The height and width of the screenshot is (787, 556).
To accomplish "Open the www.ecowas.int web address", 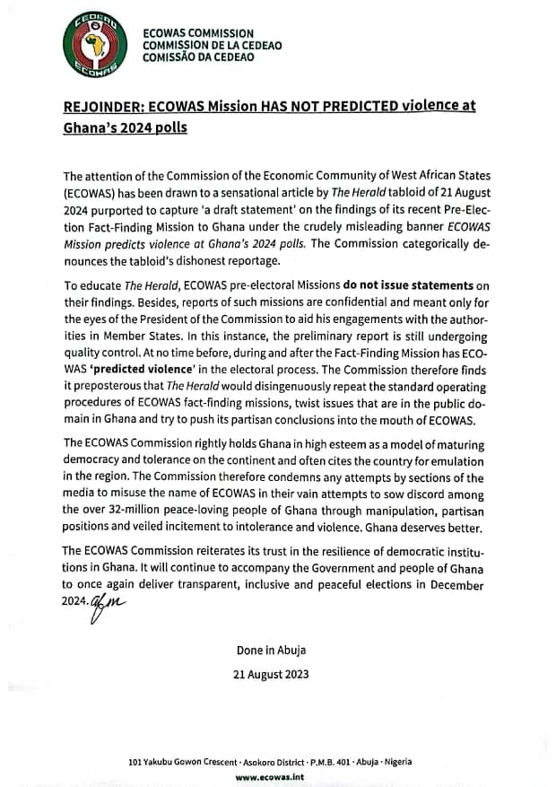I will (x=274, y=777).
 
